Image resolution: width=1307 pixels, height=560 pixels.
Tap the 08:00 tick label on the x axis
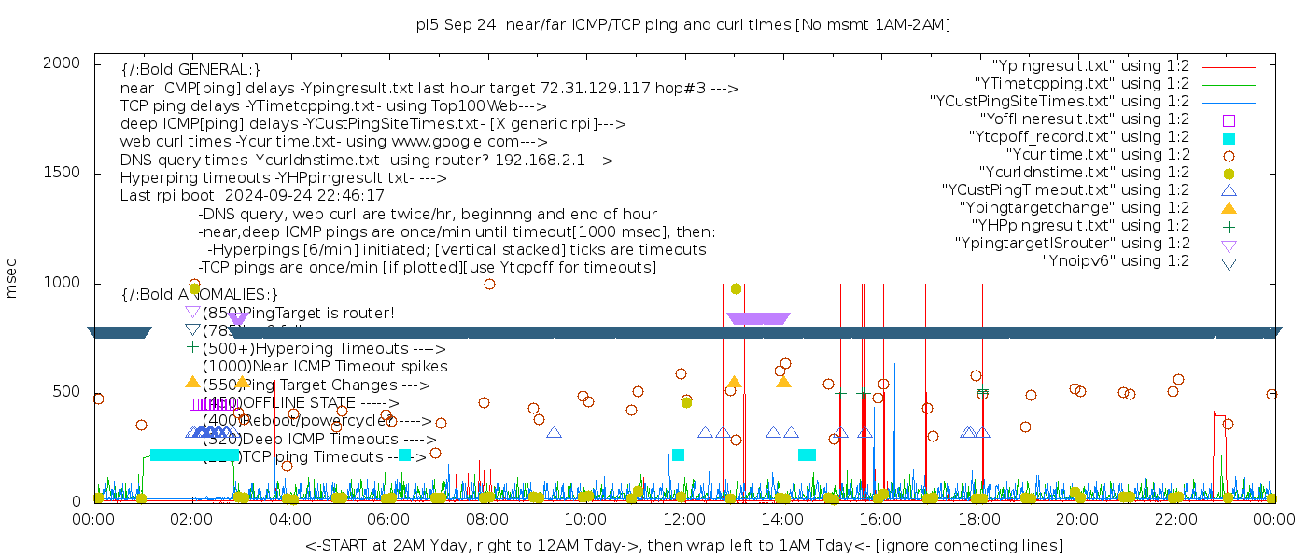486,519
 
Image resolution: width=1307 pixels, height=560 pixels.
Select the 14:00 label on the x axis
781,519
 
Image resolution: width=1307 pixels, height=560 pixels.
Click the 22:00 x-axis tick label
1174,519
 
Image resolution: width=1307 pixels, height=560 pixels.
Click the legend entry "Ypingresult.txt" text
1089,66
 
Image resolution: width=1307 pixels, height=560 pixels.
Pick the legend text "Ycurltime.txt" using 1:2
1097,155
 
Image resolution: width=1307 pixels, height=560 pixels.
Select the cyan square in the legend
1229,138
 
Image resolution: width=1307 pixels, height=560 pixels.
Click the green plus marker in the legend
1229,226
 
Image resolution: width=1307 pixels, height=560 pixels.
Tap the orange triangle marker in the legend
1229,208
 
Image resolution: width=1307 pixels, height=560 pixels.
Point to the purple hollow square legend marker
1229,120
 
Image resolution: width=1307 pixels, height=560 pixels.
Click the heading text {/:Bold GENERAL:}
190,70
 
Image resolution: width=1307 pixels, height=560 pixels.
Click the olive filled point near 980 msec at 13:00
736,288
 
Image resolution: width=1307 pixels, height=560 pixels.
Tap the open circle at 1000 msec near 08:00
489,285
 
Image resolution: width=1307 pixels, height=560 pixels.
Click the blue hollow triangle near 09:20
554,432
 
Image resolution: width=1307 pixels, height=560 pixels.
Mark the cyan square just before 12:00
678,455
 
